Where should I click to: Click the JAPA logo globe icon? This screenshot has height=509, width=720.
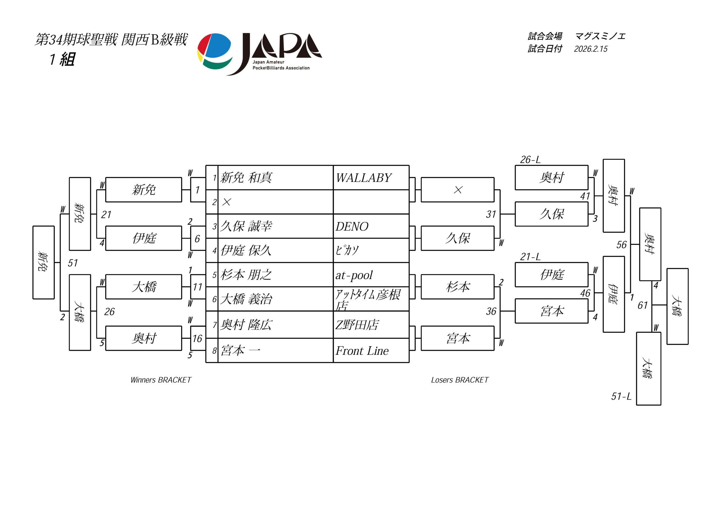(215, 51)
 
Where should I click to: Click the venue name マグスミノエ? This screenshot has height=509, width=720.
(600, 36)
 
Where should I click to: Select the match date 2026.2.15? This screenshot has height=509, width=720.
(591, 49)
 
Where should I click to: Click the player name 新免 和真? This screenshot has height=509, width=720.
(246, 178)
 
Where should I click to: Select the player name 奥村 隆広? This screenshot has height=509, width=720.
(246, 325)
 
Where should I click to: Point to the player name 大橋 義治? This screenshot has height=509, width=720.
(246, 299)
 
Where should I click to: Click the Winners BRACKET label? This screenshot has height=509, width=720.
(161, 380)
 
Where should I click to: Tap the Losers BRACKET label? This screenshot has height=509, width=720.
(460, 380)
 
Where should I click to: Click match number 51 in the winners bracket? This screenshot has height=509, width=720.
(73, 263)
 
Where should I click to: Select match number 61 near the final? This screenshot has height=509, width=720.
(643, 305)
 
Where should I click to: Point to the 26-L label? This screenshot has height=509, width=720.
(530, 160)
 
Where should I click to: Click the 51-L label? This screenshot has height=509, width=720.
(621, 397)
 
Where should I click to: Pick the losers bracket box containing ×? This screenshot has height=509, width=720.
(458, 190)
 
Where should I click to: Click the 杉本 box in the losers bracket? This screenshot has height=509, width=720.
(458, 287)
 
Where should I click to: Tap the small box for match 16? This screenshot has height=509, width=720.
(197, 338)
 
